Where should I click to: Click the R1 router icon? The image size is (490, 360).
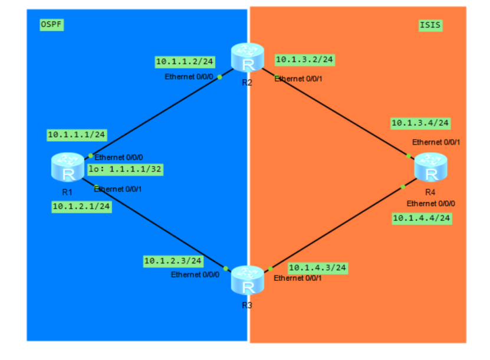(67, 167)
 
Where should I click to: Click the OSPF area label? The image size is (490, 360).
(51, 25)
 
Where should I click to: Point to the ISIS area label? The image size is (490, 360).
(430, 25)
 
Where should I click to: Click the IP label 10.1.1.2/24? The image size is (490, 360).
(185, 61)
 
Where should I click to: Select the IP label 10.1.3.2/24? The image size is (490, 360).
(305, 60)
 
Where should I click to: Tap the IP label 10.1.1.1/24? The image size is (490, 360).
(77, 135)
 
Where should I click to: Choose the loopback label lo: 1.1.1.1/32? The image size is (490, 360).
(125, 169)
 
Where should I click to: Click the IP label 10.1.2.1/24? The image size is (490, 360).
(81, 207)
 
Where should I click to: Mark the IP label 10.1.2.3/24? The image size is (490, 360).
(173, 260)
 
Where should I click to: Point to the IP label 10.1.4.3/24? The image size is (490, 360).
(317, 268)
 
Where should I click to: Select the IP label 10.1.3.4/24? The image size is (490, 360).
(420, 123)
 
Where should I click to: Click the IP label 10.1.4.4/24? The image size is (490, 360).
(422, 218)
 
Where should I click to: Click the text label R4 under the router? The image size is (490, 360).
(430, 192)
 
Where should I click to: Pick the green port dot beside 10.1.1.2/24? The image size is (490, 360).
(219, 77)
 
